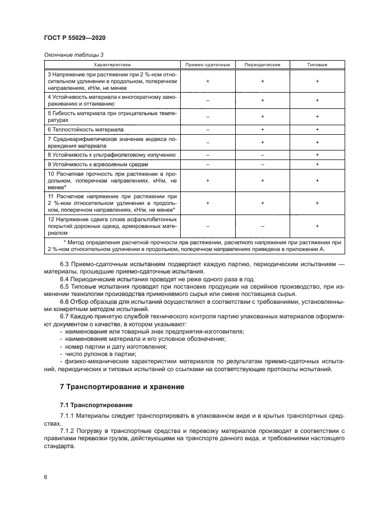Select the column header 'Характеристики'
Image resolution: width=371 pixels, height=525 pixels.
111,65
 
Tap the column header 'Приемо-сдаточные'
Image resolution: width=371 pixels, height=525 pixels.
208,65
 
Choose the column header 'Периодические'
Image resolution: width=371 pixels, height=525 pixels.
262,65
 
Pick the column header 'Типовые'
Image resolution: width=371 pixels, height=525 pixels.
317,65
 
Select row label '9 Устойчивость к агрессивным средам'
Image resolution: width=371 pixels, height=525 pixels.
98,164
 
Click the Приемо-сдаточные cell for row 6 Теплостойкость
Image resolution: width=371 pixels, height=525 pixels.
208,129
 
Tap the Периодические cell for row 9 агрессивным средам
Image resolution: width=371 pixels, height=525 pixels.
262,164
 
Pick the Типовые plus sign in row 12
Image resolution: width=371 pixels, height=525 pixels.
317,226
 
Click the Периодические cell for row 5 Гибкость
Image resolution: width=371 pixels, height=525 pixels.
262,117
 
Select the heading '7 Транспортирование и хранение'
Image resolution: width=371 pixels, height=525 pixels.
121,387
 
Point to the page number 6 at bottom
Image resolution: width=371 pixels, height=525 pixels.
45,476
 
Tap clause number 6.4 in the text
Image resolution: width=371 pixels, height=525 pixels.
65,279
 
